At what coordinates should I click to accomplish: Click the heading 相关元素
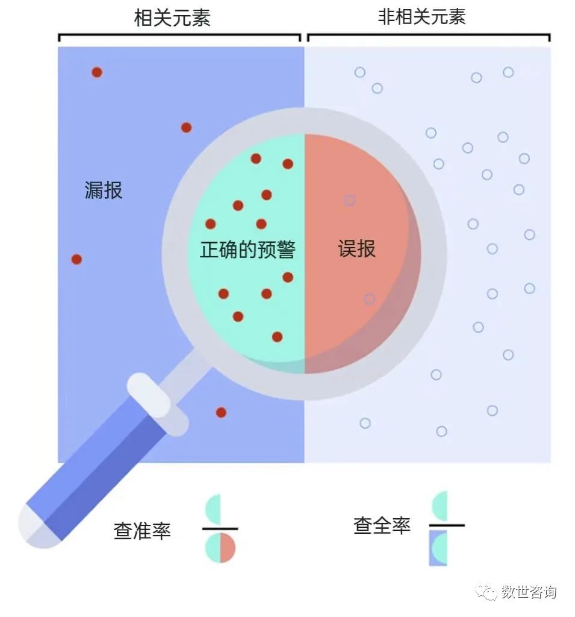172,18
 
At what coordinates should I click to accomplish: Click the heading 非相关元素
421,17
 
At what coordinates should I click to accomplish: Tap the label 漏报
104,190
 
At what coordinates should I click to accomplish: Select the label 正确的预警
247,249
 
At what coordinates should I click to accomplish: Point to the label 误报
356,249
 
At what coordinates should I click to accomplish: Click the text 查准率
142,531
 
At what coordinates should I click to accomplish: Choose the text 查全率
382,525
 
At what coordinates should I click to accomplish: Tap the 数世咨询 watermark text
529,592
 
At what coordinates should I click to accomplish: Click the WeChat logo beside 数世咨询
487,592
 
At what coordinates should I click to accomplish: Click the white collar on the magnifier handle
157,404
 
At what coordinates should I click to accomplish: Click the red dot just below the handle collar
221,412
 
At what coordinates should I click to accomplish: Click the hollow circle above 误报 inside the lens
349,200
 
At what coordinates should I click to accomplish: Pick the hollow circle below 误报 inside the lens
369,299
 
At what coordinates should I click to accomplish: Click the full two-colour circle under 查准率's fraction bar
220,548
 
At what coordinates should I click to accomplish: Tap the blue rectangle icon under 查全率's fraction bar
438,548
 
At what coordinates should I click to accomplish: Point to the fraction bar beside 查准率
220,528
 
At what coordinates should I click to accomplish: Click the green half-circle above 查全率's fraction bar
440,506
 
